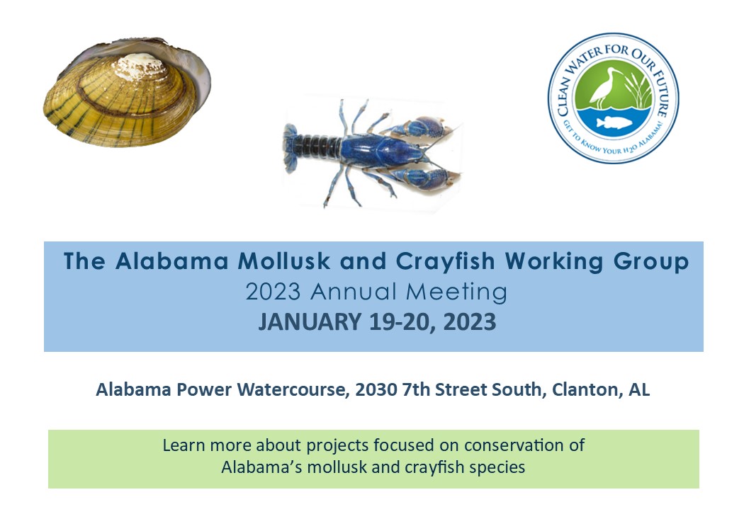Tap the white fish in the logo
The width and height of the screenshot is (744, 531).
(x=614, y=122)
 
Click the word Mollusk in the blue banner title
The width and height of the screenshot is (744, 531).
(x=283, y=261)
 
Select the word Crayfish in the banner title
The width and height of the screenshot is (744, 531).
(x=445, y=262)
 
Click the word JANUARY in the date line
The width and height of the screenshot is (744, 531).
(x=310, y=322)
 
